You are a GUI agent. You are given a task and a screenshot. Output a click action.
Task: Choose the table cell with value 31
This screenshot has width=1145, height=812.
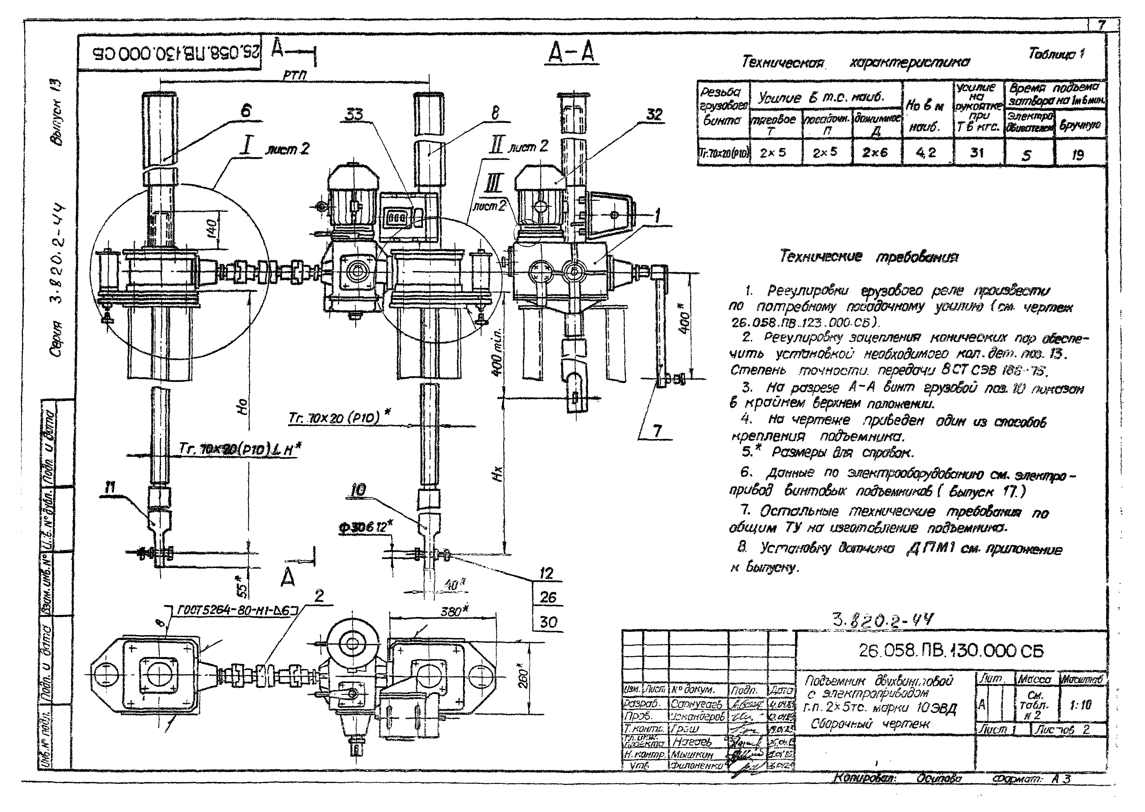click(x=977, y=152)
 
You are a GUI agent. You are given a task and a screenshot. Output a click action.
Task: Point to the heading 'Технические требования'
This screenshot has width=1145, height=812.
click(x=869, y=257)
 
